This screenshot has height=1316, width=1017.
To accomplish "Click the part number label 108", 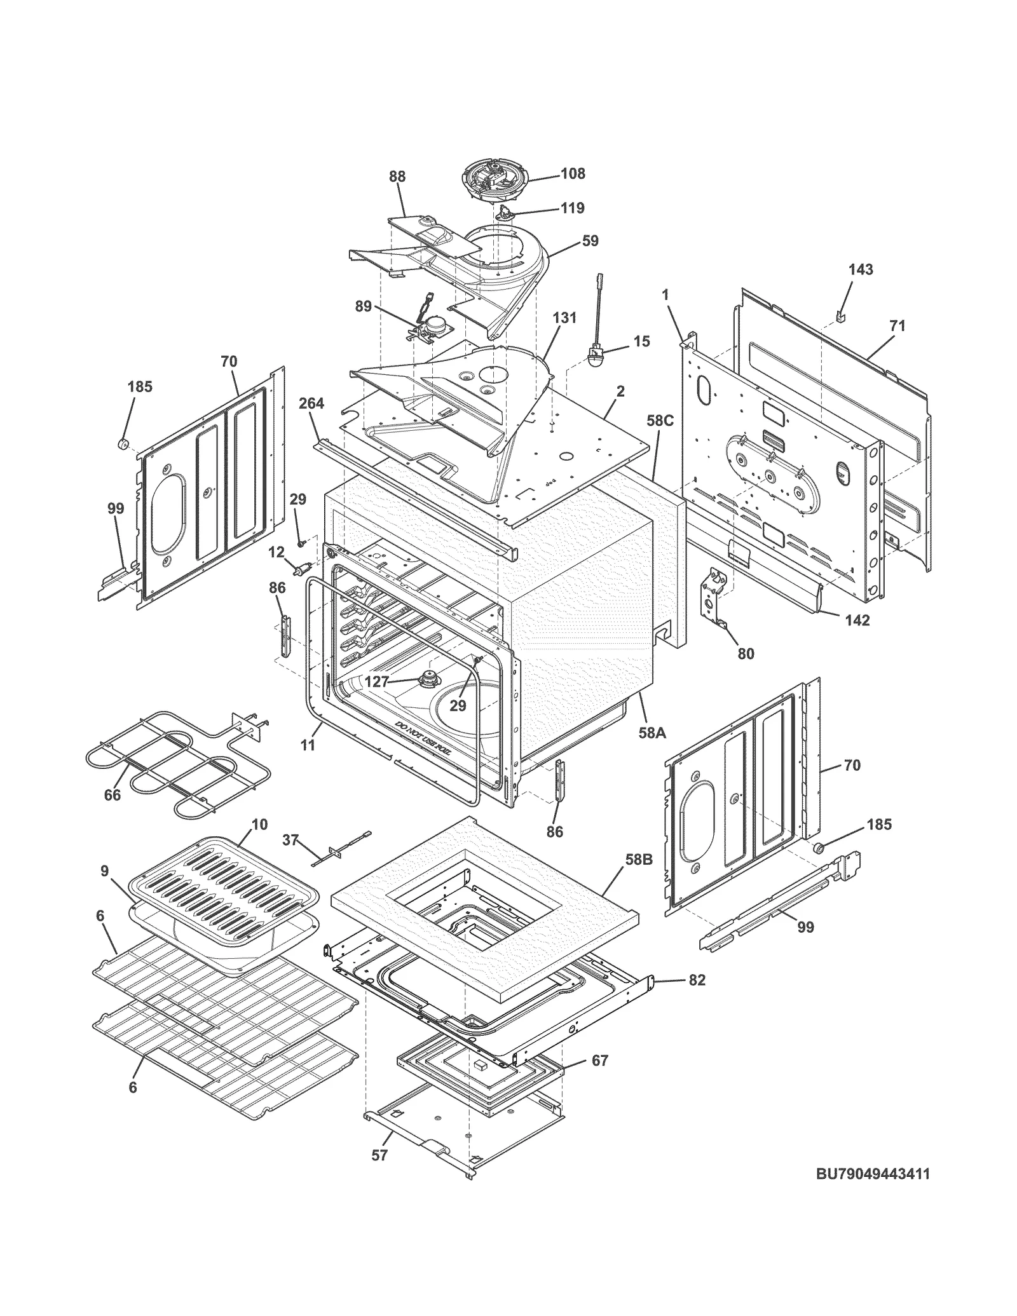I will pos(572,173).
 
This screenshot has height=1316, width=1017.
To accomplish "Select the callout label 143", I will pos(860,269).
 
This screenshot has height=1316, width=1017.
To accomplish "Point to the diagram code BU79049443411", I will pos(873,1174).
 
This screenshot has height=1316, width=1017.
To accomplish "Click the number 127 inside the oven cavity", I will pos(376,682).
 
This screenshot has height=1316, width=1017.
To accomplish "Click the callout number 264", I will pos(311,403).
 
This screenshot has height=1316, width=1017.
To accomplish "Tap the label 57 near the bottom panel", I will pos(379,1155).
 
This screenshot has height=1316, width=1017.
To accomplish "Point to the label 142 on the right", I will pos(857,620).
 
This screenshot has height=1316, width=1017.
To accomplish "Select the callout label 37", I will pos(290,840).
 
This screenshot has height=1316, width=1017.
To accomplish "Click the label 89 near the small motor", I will pos(363,306).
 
